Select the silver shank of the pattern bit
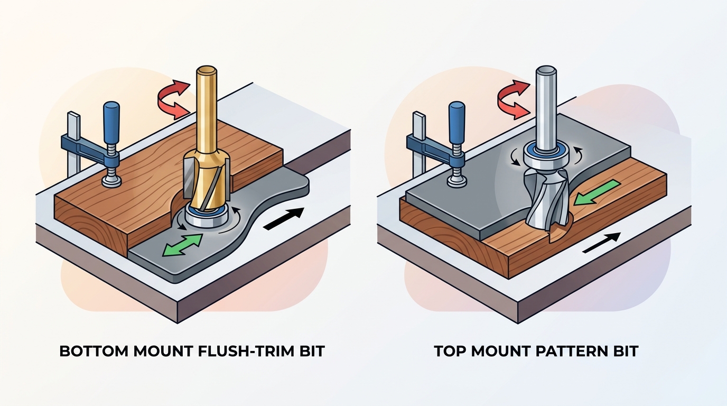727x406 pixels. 544,106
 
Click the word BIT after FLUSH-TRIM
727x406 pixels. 310,352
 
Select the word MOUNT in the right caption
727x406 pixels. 504,352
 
